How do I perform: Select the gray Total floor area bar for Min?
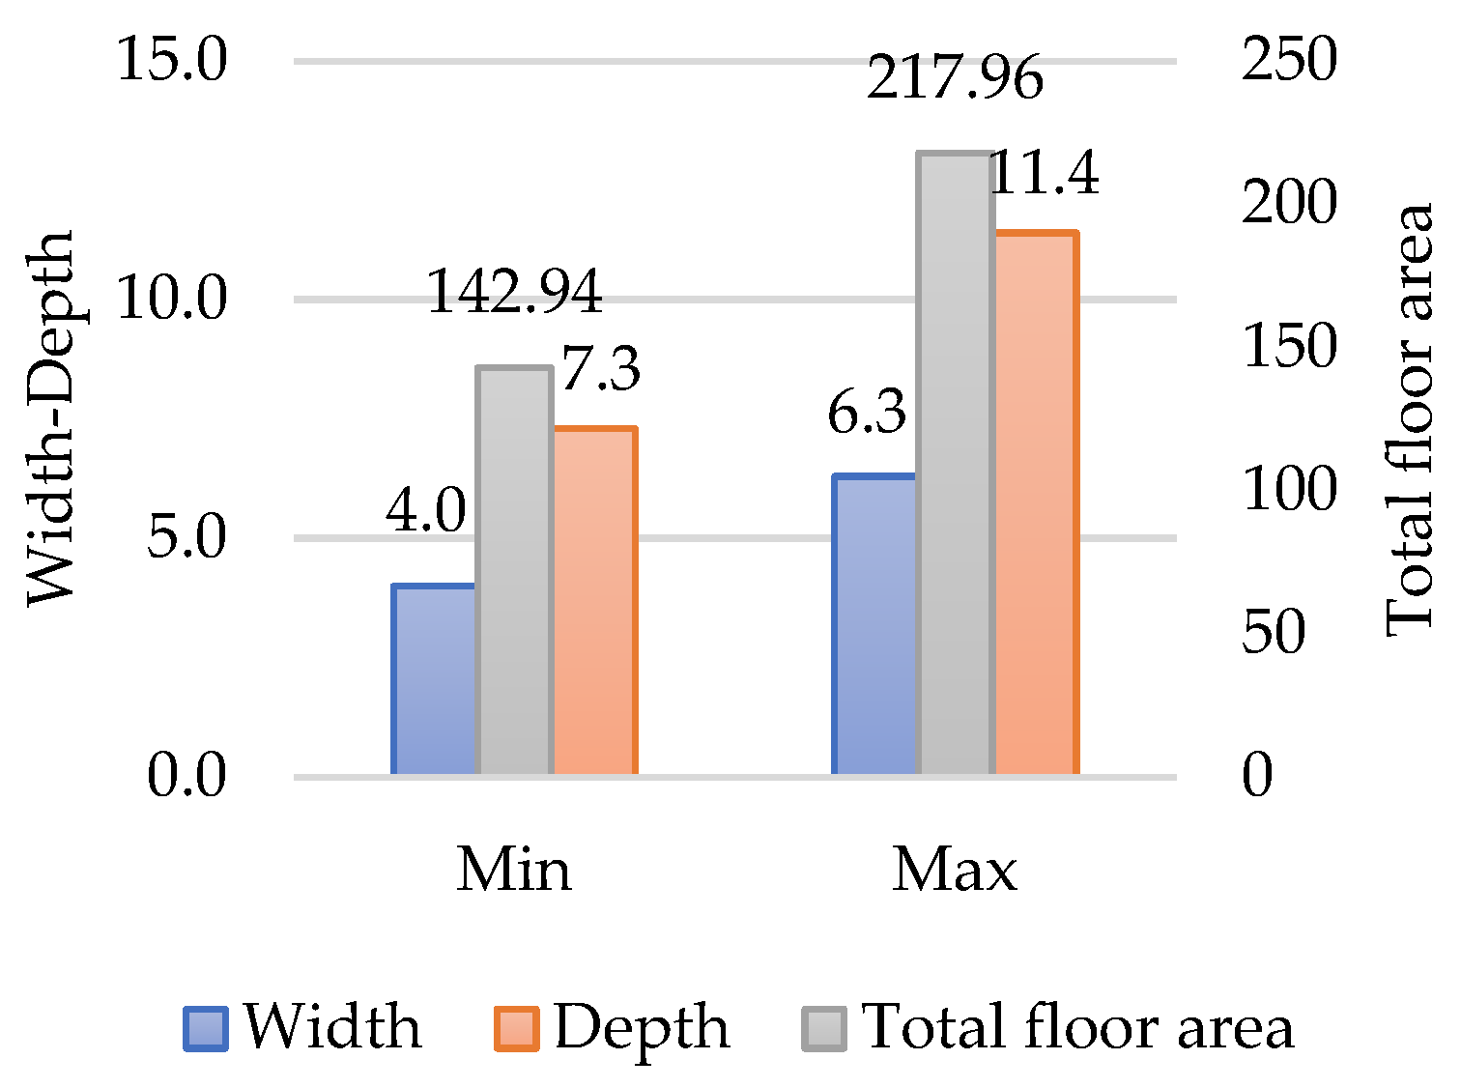pos(515,571)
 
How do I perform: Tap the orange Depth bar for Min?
pos(594,601)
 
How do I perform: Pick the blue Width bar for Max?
pos(874,625)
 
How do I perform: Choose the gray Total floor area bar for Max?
pos(956,464)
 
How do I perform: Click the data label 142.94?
pos(514,292)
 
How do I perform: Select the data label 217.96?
pos(955,78)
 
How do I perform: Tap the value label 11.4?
pos(1046,175)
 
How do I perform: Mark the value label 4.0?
pos(426,511)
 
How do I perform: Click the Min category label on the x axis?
pos(514,870)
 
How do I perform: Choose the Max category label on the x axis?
pos(955,870)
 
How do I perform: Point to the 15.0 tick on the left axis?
pos(172,60)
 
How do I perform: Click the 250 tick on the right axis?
pos(1289,60)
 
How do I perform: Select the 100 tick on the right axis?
pos(1289,489)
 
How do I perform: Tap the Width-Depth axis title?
pos(50,417)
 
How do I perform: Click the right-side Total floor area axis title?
pos(1410,420)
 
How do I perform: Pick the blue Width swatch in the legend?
pos(206,1029)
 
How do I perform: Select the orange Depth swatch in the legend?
pos(516,1029)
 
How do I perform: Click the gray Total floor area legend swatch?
pos(824,1029)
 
